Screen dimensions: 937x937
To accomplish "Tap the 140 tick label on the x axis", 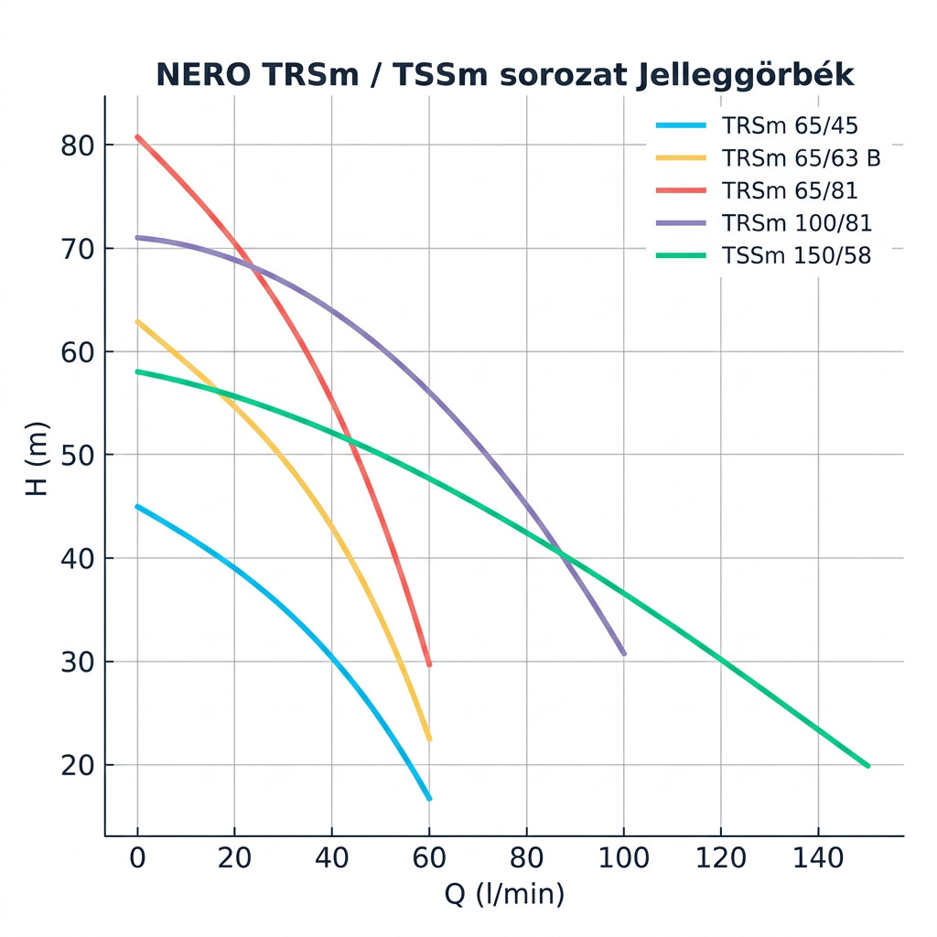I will tap(817, 859).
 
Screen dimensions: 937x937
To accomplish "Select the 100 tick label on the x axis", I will tap(623, 859).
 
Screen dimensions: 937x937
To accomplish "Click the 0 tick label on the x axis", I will tap(137, 859).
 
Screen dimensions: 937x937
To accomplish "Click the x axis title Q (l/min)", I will tap(504, 894).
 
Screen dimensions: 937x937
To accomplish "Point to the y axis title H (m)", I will tap(37, 458).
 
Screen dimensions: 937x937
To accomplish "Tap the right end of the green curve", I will tap(867, 765).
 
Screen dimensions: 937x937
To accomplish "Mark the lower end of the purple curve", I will tap(623, 653).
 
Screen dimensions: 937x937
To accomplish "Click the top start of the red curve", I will tap(137, 136).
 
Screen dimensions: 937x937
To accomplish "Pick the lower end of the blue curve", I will tap(428, 798).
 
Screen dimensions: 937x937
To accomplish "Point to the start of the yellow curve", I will tap(137, 321).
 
